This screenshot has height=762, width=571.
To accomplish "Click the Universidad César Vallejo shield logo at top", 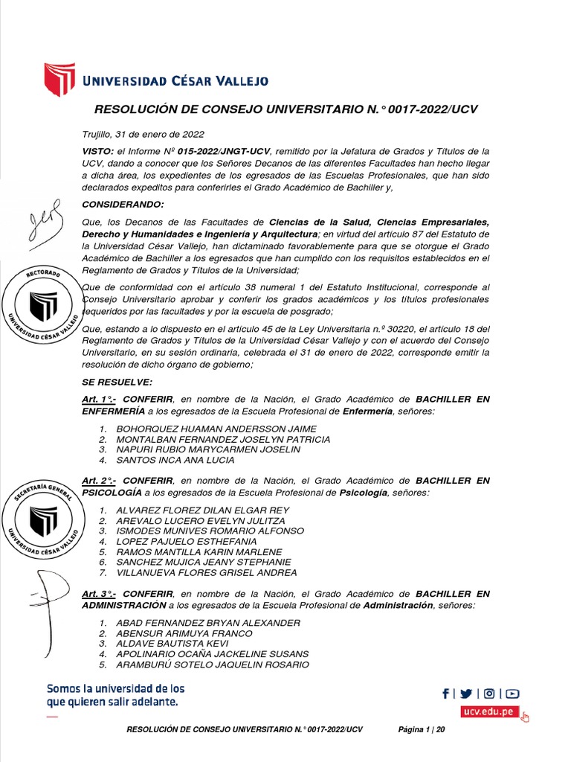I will tap(60, 80).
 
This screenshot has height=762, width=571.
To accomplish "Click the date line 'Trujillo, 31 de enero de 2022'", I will tap(143, 135).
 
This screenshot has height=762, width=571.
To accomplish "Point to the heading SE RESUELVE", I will tap(117, 382).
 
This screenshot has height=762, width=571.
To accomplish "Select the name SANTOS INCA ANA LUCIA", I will tap(175, 460).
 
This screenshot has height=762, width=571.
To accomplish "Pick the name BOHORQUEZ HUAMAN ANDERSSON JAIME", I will tap(216, 429).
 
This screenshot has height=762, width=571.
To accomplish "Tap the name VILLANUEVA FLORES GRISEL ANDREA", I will tap(206, 572).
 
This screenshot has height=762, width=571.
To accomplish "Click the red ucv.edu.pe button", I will tap(488, 711).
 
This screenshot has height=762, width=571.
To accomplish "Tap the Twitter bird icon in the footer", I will tap(466, 694).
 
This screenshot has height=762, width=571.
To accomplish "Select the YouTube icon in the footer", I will tap(513, 694).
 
